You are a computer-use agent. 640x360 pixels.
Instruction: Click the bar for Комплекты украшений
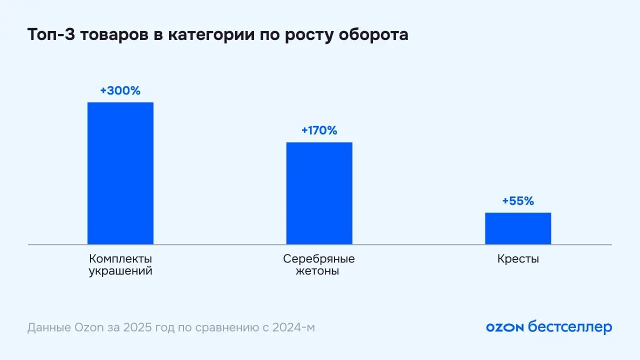[120, 173]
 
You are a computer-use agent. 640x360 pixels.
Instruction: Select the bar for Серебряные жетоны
[319, 193]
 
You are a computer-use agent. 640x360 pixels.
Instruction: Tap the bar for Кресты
[518, 228]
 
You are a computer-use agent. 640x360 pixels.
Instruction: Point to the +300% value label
[120, 91]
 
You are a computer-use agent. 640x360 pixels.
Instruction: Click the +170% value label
[319, 131]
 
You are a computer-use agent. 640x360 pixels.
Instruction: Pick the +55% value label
[518, 201]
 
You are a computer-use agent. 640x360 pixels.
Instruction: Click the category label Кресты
[518, 259]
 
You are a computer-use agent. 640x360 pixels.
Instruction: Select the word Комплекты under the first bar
[120, 259]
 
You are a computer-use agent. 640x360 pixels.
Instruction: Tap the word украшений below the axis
[120, 272]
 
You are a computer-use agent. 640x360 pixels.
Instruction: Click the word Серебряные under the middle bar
[319, 259]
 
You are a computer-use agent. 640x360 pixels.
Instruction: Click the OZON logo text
[504, 327]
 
